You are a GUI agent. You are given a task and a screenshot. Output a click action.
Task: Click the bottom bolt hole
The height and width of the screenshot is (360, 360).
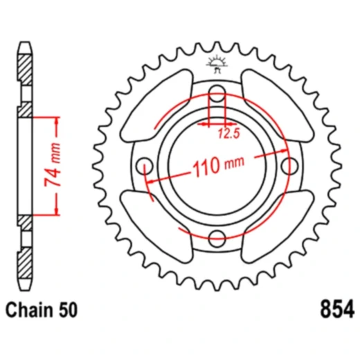216,237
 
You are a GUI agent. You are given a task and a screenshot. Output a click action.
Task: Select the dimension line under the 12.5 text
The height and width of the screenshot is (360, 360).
216,125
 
